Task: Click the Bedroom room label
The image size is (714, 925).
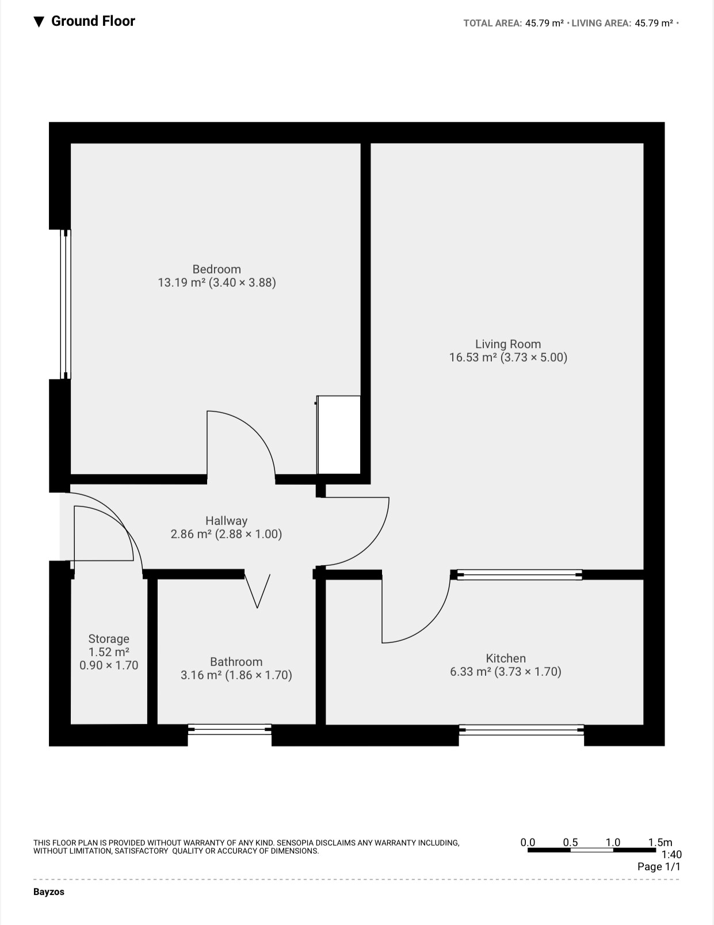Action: click(x=216, y=269)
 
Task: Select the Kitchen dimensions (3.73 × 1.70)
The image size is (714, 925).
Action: click(x=528, y=671)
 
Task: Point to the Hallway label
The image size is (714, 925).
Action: click(x=226, y=520)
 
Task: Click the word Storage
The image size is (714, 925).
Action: click(x=109, y=638)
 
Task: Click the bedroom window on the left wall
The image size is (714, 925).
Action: click(x=66, y=304)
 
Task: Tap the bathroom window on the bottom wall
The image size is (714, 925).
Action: click(x=230, y=730)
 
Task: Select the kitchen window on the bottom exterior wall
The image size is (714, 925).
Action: click(x=521, y=730)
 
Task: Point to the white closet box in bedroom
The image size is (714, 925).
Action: click(x=339, y=435)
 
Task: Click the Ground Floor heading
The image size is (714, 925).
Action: click(x=93, y=21)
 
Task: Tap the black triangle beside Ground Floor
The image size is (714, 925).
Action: click(x=39, y=22)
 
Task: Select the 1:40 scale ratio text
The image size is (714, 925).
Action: click(x=671, y=854)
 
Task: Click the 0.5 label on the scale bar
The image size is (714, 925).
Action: click(x=570, y=842)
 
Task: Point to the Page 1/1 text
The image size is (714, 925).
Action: click(x=659, y=867)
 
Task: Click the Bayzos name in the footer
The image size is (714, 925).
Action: click(x=49, y=892)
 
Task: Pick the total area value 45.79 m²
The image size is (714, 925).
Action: click(x=544, y=23)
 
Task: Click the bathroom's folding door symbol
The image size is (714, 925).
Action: click(x=257, y=591)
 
